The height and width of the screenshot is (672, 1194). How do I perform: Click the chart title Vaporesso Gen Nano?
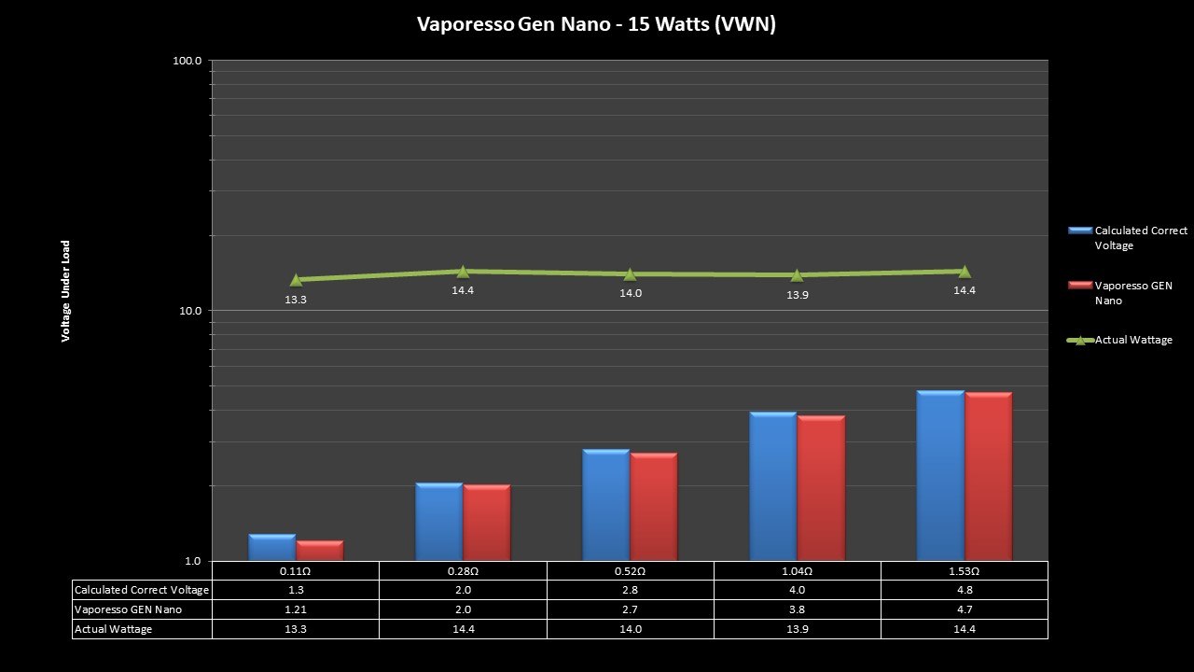point(596,24)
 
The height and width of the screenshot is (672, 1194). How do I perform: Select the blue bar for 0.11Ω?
point(271,548)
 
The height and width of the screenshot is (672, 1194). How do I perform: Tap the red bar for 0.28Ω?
point(487,523)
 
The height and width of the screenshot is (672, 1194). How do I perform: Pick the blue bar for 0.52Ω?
point(605,505)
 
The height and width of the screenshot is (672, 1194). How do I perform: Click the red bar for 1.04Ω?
point(821,488)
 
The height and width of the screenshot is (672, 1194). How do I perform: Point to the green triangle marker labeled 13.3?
point(296,279)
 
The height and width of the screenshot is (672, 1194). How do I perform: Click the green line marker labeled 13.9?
point(797,274)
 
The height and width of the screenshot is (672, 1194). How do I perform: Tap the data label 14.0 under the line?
point(631,293)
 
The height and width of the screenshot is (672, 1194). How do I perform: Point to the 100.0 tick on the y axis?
point(188,61)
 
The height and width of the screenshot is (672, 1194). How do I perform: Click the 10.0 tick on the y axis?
point(190,311)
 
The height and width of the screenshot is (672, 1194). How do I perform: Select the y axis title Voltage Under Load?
point(66,291)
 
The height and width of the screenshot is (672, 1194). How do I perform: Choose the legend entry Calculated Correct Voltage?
point(1140,238)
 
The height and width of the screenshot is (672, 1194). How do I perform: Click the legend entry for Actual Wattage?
point(1132,341)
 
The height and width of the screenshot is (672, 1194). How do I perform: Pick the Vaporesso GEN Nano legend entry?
point(1132,293)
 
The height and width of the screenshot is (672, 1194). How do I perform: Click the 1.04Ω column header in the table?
point(797,570)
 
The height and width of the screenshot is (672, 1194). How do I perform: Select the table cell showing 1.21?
point(296,609)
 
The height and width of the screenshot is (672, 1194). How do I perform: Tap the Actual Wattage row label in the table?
point(113,629)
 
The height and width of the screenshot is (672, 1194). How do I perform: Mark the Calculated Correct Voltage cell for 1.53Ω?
point(964,590)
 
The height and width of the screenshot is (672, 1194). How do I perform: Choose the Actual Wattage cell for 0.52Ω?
point(631,629)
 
